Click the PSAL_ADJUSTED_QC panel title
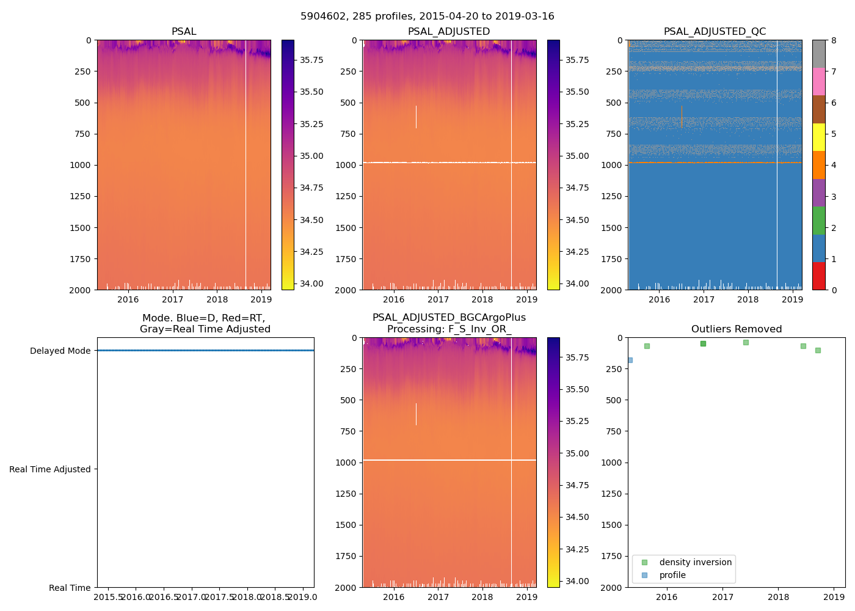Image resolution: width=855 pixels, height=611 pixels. tap(715, 32)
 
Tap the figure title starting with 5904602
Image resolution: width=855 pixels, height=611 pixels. tap(428, 16)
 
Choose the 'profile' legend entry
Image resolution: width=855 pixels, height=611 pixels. tap(672, 575)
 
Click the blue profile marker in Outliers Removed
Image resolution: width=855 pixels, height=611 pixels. tap(630, 360)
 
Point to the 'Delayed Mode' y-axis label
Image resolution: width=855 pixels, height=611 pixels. tap(60, 351)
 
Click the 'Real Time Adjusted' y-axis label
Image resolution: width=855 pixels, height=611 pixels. tap(50, 469)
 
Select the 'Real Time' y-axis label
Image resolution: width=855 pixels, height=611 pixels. tap(70, 588)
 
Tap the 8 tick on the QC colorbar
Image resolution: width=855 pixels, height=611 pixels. tap(834, 40)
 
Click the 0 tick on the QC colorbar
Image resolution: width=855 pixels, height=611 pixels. tap(834, 290)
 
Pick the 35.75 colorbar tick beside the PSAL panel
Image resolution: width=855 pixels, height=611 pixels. tap(311, 60)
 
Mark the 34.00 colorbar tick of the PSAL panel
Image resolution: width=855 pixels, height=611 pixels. tap(311, 284)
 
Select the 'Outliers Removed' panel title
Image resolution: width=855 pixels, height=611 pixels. tap(736, 329)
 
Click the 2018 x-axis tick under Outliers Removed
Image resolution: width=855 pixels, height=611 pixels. tap(779, 597)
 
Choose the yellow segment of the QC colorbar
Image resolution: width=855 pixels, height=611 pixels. tap(819, 137)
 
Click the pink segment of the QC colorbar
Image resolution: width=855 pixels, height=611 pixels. tap(819, 81)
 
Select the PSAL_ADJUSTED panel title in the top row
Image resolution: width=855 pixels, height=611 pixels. tap(449, 32)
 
